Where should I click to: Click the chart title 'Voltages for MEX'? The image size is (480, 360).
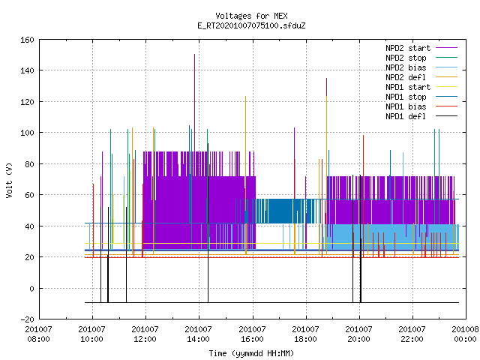(x=251, y=16)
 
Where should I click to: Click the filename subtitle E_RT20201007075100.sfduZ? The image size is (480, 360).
(x=251, y=25)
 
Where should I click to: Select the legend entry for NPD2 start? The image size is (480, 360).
(x=421, y=48)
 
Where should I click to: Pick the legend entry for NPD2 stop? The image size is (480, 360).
(x=421, y=58)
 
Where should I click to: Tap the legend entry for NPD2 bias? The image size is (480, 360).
(x=421, y=67)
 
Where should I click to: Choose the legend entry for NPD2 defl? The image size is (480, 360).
(x=421, y=77)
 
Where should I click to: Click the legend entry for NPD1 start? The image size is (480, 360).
(x=421, y=87)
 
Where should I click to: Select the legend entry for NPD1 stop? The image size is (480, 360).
(x=421, y=97)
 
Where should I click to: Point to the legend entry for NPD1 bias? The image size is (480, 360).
(x=421, y=106)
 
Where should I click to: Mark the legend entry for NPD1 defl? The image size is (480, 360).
(x=421, y=117)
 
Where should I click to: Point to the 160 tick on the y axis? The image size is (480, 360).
(x=27, y=40)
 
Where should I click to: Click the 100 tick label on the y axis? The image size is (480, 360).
(x=27, y=133)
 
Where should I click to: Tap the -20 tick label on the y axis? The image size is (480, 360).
(x=27, y=319)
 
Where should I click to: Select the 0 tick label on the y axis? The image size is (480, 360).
(x=31, y=288)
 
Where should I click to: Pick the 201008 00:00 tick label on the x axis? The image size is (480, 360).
(x=465, y=334)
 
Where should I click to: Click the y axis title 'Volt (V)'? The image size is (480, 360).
(x=9, y=180)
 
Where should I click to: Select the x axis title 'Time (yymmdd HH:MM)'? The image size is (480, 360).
(x=251, y=353)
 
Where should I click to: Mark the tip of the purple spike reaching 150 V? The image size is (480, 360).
(x=194, y=55)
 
